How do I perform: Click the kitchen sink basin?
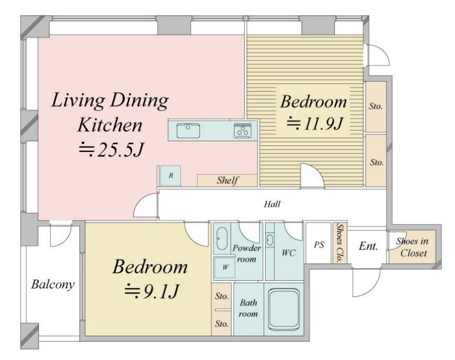188,131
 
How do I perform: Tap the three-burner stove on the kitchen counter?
243,131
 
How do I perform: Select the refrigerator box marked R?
170,176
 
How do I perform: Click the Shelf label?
227,180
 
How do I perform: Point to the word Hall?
272,204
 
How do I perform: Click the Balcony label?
53,284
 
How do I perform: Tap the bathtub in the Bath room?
284,309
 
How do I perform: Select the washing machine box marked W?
224,267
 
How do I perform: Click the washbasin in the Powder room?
222,239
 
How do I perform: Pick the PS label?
318,245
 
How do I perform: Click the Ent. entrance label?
369,246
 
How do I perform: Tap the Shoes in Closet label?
413,247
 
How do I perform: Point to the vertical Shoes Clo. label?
339,243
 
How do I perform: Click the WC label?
288,253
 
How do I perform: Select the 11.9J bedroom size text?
315,124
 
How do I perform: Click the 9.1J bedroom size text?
151,291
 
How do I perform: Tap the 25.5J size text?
111,150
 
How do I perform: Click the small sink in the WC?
270,240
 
